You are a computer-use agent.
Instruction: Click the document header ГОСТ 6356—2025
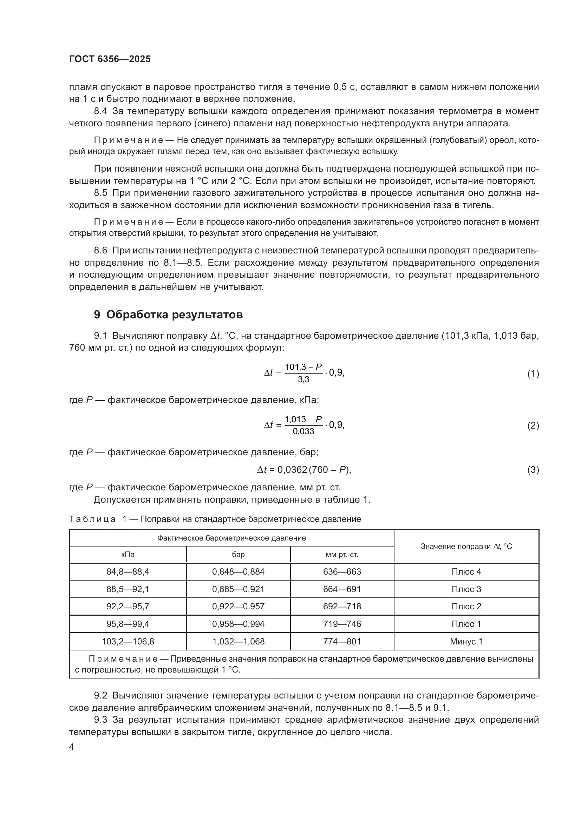(110, 59)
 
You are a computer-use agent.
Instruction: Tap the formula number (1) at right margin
(533, 374)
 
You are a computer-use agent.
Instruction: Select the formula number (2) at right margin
(533, 425)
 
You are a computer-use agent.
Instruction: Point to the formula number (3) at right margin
(533, 470)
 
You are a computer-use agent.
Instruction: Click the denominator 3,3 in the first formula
(303, 380)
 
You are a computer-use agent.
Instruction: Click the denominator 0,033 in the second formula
(303, 432)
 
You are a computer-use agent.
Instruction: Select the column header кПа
(128, 555)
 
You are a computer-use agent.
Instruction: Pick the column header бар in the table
(238, 555)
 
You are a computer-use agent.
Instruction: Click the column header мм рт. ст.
(342, 555)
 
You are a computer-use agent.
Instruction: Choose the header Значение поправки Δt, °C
(466, 547)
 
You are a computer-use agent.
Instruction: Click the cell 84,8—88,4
(128, 572)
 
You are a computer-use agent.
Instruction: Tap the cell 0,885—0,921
(238, 589)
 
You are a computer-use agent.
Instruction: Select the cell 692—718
(342, 607)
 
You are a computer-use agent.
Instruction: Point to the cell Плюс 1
(466, 624)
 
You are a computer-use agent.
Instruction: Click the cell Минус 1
(466, 642)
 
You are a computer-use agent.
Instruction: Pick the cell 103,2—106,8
(128, 642)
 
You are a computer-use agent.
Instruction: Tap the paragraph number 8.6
(100, 251)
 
